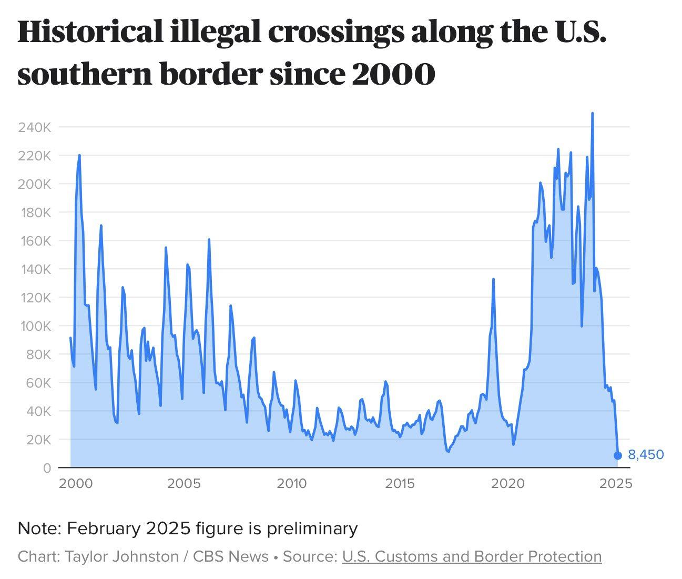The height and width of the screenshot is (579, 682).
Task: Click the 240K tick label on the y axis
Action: coord(34,127)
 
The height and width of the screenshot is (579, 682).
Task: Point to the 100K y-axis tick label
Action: coord(34,326)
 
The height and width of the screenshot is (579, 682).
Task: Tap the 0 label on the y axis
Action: coord(47,468)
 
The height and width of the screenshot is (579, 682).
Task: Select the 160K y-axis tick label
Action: coord(34,241)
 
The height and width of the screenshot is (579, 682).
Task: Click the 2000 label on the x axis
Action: coord(74,483)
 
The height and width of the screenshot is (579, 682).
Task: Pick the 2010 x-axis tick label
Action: coord(291,483)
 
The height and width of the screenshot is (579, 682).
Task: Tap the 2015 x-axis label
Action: coord(400,483)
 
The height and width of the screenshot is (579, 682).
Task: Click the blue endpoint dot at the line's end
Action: coord(618,455)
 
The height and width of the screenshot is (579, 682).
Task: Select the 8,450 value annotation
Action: coord(646,455)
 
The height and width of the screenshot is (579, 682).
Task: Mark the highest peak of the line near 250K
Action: coord(593,113)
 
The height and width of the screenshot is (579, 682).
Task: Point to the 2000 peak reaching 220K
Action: coord(79,155)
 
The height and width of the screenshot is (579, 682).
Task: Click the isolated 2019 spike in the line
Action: coord(493,279)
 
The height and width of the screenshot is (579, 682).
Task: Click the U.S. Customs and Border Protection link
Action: coord(472,556)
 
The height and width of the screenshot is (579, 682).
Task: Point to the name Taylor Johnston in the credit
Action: coord(121,556)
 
